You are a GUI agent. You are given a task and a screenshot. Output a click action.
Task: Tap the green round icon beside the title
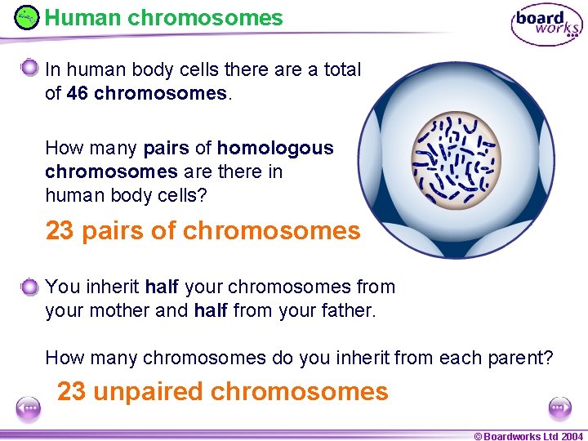coord(27,17)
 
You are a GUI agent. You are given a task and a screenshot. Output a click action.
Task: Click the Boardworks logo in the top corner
coord(546,24)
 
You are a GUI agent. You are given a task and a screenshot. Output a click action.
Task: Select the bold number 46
coord(78,94)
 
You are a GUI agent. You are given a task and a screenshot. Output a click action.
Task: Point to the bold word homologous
coord(275,148)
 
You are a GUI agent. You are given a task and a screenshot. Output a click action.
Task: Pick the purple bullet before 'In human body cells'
coord(30,67)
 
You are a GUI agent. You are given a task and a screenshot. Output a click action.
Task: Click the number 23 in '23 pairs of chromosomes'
coord(60,231)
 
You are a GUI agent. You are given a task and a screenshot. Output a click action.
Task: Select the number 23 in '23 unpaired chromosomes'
coord(71,392)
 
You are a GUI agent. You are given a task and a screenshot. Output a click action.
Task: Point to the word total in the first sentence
coord(342,69)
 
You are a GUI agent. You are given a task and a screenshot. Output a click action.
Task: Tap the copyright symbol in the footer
coord(478,436)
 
